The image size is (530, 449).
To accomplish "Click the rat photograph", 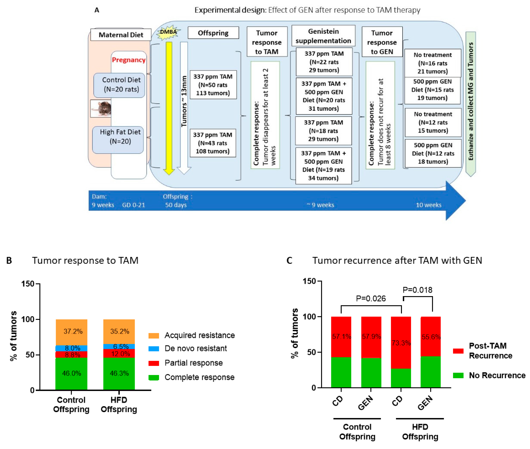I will pyautogui.click(x=101, y=108).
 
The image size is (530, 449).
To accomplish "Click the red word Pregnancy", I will pyautogui.click(x=129, y=60).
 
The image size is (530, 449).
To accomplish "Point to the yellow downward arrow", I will pyautogui.click(x=169, y=107).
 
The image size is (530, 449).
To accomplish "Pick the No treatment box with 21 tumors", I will pyautogui.click(x=433, y=63).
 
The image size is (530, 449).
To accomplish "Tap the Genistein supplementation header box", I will pyautogui.click(x=323, y=36).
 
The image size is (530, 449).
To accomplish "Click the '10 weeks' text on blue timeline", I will pyautogui.click(x=429, y=205).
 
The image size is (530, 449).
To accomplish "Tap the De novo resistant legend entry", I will pyautogui.click(x=195, y=348).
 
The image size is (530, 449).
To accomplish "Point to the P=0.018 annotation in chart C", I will pyautogui.click(x=417, y=290).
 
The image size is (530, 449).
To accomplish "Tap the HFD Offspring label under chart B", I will pyautogui.click(x=119, y=404).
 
